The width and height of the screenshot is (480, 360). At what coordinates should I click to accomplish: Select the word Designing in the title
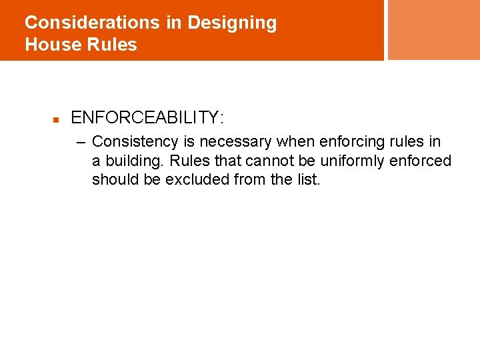(232, 23)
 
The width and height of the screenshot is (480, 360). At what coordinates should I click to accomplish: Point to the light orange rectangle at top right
(433, 29)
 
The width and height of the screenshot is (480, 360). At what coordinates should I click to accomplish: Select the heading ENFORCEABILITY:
(147, 118)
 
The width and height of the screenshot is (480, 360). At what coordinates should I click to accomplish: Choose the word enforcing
(351, 142)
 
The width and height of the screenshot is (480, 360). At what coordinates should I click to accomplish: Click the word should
(112, 180)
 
